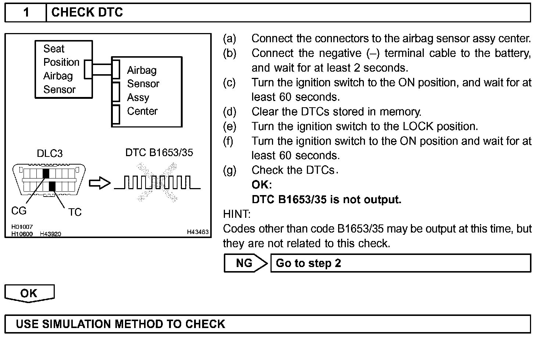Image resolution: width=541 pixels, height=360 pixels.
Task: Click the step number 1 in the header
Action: point(26,12)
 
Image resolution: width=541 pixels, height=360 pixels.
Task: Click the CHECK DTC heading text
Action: point(87,12)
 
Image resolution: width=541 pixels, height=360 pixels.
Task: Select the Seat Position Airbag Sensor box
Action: point(63,69)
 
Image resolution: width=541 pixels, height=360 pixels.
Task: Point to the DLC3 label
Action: point(50,154)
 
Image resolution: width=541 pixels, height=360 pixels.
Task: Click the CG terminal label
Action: point(19,211)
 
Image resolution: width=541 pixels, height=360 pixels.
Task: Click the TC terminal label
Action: point(75,212)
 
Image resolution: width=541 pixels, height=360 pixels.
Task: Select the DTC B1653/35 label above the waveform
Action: point(159,152)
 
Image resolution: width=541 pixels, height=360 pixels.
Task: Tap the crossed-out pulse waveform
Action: point(157,183)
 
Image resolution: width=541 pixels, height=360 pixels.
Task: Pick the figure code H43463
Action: point(198,232)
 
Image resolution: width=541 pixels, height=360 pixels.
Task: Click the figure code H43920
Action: point(50,234)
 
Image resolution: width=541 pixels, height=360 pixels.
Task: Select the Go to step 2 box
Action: point(401,263)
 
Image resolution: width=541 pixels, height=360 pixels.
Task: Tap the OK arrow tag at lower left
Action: point(29,293)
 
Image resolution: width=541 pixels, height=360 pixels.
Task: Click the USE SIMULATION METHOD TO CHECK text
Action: point(121,324)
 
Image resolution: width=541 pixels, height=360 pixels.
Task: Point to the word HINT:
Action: point(237,214)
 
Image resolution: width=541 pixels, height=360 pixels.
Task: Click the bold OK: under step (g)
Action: point(262,184)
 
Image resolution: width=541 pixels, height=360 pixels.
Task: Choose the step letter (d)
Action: point(230,112)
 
